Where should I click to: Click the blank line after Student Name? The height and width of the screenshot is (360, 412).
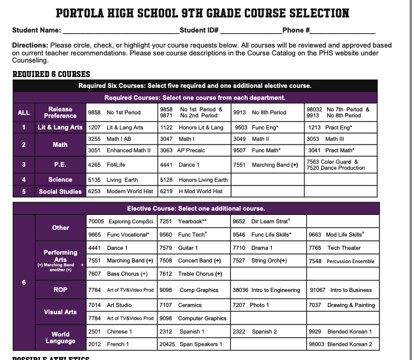(120, 30)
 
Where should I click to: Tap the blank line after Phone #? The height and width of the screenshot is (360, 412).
(343, 30)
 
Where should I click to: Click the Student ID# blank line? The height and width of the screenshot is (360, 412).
(250, 30)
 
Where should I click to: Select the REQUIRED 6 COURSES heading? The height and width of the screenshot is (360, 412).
(51, 75)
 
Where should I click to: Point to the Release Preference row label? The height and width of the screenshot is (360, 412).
(60, 112)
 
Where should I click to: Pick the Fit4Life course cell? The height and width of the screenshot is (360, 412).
(122, 164)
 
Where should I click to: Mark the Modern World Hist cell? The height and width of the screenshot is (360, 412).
(122, 191)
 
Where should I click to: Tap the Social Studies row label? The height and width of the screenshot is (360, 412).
(60, 191)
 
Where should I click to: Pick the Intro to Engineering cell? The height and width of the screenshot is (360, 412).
(268, 290)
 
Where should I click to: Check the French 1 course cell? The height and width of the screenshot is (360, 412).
(122, 344)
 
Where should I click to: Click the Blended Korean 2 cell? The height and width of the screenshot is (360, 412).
(342, 344)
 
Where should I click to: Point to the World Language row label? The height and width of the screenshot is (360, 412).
(60, 338)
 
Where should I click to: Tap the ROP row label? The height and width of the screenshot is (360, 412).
(60, 290)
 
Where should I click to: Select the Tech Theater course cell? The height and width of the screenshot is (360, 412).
(342, 247)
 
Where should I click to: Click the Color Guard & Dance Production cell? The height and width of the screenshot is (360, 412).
(342, 164)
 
